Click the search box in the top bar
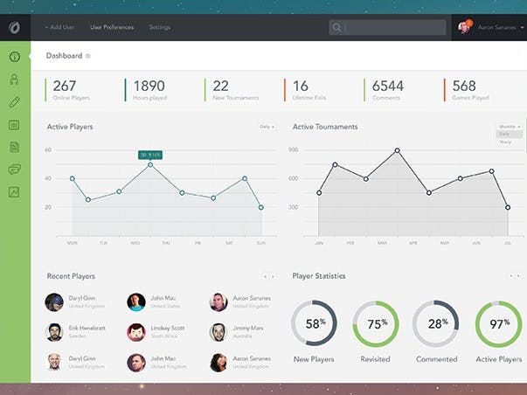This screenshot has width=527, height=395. coord(393,27)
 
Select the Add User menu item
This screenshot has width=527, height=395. coord(59,27)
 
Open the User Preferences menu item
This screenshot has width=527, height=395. coord(112,27)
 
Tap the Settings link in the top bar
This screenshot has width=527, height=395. coord(159,27)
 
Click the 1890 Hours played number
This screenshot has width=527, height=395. coord(148,86)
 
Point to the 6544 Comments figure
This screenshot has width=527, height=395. coord(387,86)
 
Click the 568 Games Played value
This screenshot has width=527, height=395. coord(464,86)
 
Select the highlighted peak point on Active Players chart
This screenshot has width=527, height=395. coord(150,164)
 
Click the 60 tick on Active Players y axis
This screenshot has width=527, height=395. coord(48,150)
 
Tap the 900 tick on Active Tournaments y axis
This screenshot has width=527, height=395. coord(294,150)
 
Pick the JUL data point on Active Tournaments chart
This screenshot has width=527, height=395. coord(508,207)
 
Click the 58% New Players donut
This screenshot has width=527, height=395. coord(314,323)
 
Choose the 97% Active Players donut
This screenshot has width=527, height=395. coord(498,323)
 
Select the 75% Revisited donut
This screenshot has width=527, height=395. coord(376,323)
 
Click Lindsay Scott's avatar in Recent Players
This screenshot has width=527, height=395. coord(135,332)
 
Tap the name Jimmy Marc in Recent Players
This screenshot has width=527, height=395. coord(247,328)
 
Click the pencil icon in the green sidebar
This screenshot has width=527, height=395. coord(14,102)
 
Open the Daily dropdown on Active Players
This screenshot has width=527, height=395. coord(267,127)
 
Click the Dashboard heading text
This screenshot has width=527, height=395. coord(64,56)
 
